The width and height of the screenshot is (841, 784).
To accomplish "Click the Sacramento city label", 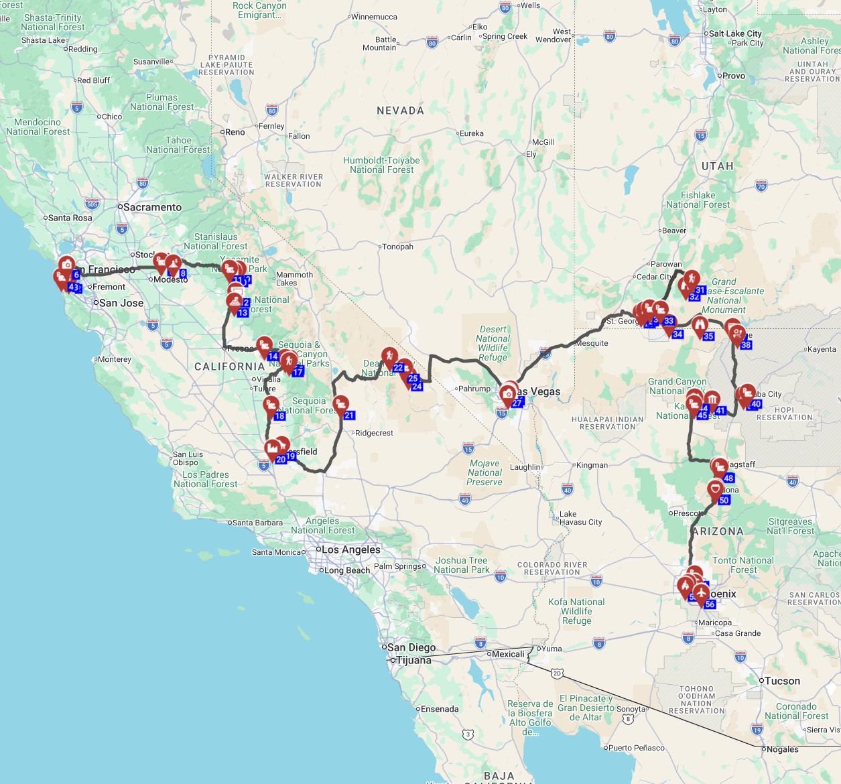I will [x=152, y=207].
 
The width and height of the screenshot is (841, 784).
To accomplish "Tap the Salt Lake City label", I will [x=735, y=34].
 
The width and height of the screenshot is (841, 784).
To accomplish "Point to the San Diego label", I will [x=411, y=647].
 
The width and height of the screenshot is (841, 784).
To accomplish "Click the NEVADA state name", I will [x=400, y=111].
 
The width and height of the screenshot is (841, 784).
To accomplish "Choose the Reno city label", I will [x=235, y=132].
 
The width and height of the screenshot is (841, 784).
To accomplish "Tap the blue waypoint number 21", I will [x=349, y=415].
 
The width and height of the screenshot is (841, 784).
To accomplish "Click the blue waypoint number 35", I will [x=708, y=336].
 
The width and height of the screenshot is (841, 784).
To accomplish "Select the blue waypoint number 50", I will [x=724, y=500].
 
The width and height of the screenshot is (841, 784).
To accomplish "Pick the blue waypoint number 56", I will [x=710, y=604].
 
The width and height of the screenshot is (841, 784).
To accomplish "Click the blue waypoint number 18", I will [x=280, y=416].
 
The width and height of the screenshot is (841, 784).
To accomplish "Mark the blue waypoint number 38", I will [x=746, y=345].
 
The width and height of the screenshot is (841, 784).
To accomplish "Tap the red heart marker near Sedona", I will [x=715, y=488].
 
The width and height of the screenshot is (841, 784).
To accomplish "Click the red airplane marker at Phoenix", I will [x=701, y=592].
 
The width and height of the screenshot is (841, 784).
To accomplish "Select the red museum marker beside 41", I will [x=712, y=399].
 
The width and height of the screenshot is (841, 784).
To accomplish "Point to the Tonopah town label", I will [x=397, y=247].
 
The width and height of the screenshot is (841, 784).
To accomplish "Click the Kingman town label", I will [x=592, y=465].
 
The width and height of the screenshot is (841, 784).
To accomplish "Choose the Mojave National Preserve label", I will [x=484, y=472].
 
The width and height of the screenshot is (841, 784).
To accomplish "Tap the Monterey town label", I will [x=114, y=359].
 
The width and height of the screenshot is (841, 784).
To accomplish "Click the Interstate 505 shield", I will [x=92, y=204].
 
